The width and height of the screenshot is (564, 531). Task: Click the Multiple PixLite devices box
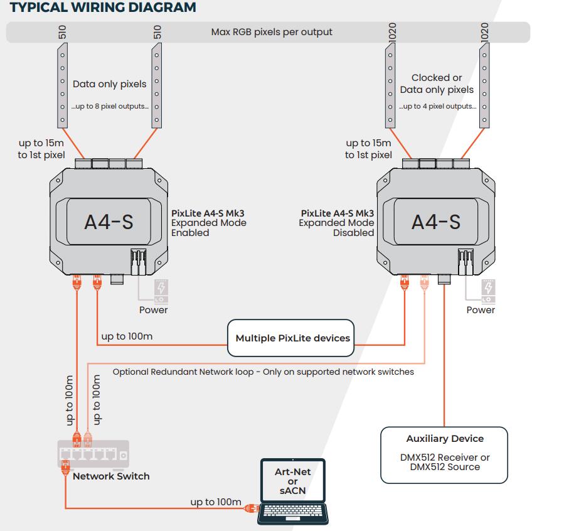tap(292, 338)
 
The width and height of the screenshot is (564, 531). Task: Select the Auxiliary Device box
tap(444, 455)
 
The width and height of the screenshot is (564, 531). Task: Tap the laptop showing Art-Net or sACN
tap(294, 491)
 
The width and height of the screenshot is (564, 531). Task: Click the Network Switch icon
tap(93, 454)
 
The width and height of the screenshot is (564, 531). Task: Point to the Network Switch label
tap(111, 476)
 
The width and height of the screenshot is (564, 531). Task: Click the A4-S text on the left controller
tap(109, 222)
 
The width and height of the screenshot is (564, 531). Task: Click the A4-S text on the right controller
tap(436, 222)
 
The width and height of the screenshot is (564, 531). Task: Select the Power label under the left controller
tap(153, 310)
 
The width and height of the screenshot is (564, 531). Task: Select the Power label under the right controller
tap(481, 310)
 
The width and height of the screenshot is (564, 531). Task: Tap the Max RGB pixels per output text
tap(272, 31)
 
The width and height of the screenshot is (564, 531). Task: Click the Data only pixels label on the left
tap(109, 84)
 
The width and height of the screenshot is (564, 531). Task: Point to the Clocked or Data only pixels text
tap(437, 84)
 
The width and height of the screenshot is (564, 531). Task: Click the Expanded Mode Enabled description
tap(209, 223)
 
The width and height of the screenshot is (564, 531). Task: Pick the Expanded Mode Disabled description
tap(337, 223)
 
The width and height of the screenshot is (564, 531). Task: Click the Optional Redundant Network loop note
tap(263, 372)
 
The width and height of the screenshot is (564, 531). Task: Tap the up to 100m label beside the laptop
tap(216, 502)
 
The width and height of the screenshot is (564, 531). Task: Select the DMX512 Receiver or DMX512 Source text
tap(444, 462)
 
